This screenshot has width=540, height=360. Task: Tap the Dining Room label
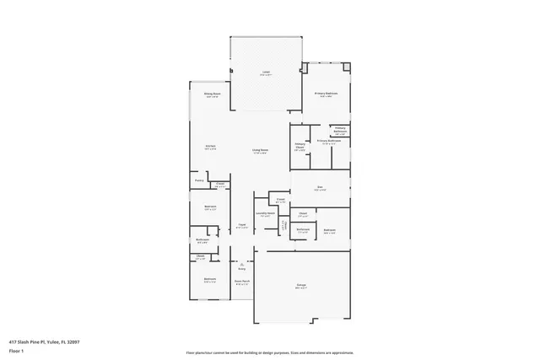coord(212,94)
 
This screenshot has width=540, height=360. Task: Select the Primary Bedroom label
coord(326,94)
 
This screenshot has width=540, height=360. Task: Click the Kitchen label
coord(210,147)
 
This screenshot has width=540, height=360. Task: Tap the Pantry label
coord(199,180)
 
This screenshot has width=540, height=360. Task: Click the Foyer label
coord(241,225)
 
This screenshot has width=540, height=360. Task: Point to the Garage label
coord(301,286)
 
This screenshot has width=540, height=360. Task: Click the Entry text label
coord(241,269)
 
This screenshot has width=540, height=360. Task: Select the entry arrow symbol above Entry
coord(241,263)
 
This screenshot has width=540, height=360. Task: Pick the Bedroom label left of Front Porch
coord(209,279)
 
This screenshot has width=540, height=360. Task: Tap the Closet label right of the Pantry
coord(219,184)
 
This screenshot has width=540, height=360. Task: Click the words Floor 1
coord(16,349)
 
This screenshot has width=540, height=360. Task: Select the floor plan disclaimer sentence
coord(269,352)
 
